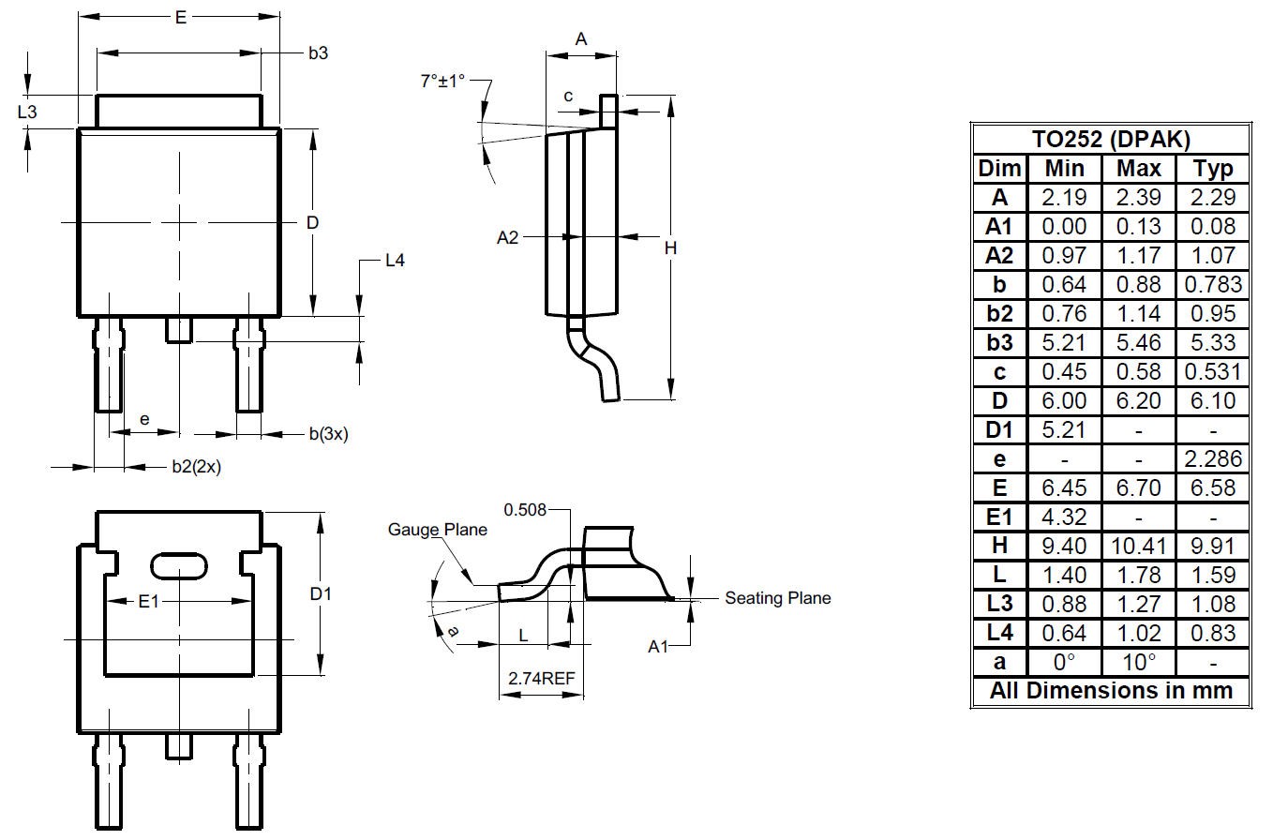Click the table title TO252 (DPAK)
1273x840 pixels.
click(x=1111, y=140)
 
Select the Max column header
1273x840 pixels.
click(x=1138, y=168)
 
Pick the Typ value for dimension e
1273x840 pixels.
click(x=1213, y=458)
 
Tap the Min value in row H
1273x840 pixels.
click(x=1064, y=547)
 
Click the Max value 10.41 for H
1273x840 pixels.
click(x=1138, y=547)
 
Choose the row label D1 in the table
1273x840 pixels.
click(x=999, y=429)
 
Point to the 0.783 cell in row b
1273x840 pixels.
click(x=1213, y=284)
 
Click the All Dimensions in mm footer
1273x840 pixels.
click(x=1111, y=691)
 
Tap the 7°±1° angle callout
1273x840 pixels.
click(x=442, y=82)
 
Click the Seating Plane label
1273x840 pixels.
click(x=777, y=598)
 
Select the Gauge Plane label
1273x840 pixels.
click(x=437, y=530)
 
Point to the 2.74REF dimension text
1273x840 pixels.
click(x=541, y=678)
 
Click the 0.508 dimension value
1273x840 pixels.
click(x=525, y=510)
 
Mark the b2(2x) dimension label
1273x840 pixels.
click(x=196, y=467)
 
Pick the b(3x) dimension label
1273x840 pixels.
click(x=328, y=434)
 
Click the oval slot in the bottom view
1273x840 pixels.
click(x=179, y=566)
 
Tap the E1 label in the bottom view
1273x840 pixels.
click(x=148, y=601)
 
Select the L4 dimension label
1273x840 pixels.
click(x=395, y=261)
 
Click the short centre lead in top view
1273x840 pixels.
click(x=179, y=330)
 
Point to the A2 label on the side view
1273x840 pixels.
click(x=507, y=237)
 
